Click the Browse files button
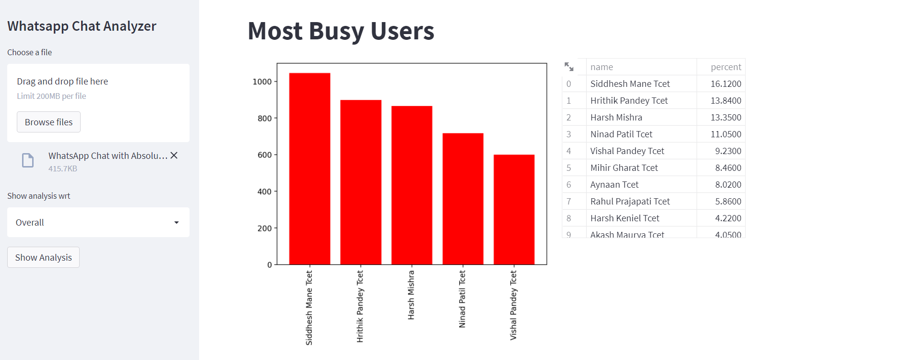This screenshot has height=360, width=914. (x=48, y=122)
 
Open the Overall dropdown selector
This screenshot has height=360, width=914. (x=98, y=222)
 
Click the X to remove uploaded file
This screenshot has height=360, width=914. (x=174, y=156)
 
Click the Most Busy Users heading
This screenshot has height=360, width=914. (x=341, y=31)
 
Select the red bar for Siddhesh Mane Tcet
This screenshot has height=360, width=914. (x=309, y=168)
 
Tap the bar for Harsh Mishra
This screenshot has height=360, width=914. (x=412, y=185)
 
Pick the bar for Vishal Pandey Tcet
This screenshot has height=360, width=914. (x=514, y=209)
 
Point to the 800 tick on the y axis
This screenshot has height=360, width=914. (x=264, y=119)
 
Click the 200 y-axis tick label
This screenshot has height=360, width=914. (x=264, y=228)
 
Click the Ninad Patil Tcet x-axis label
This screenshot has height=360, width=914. (x=462, y=299)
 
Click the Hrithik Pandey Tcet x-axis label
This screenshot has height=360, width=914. (x=360, y=306)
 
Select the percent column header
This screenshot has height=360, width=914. (x=725, y=67)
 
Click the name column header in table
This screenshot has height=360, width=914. (x=602, y=67)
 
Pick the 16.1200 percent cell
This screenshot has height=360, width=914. (x=725, y=84)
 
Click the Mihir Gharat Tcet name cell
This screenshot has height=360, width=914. (x=624, y=168)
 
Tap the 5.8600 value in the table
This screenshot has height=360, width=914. (x=728, y=202)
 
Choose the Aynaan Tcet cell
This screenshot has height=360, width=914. (x=614, y=185)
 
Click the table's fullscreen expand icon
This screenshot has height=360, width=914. (x=569, y=67)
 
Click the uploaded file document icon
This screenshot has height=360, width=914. (x=28, y=160)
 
